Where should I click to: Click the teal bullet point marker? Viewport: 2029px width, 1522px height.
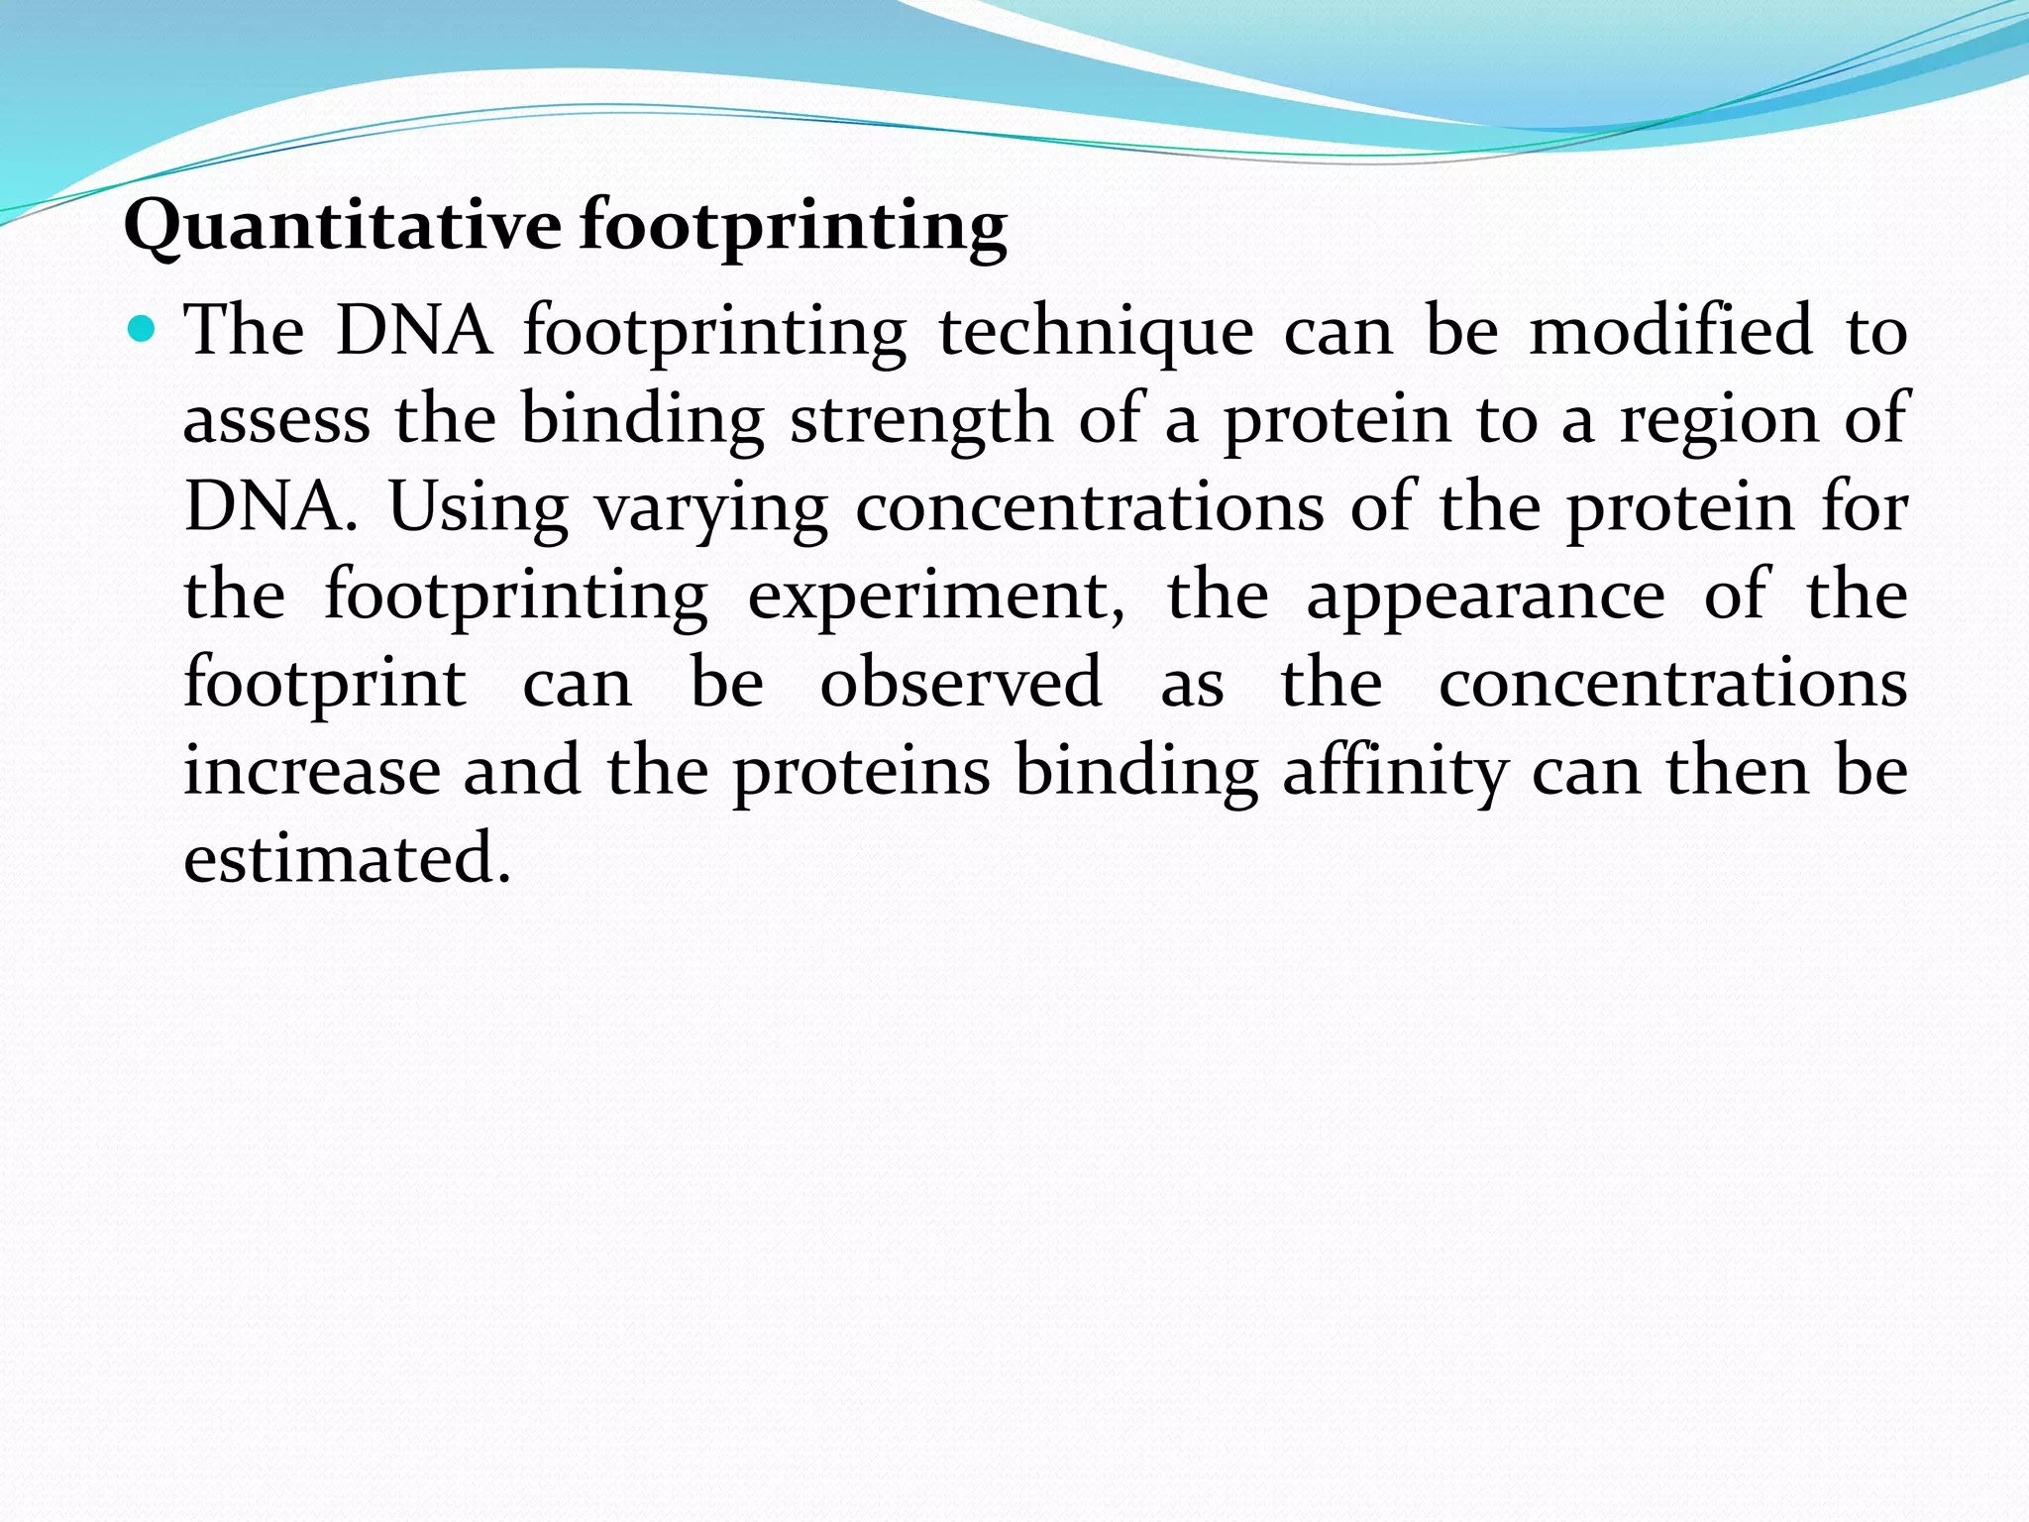point(143,326)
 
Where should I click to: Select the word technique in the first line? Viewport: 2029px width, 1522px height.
point(1095,331)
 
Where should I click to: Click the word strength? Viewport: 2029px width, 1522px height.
point(921,419)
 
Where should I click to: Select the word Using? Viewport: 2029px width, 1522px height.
point(478,508)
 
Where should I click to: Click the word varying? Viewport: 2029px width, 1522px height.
point(710,508)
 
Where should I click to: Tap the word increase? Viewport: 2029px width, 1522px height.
point(312,771)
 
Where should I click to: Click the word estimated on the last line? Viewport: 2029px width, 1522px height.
point(347,858)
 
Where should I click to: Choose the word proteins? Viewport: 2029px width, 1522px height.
point(861,773)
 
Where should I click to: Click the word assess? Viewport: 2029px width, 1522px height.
point(276,419)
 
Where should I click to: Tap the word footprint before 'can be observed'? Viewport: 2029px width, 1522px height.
point(325,684)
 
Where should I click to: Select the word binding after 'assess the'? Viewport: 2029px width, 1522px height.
point(642,419)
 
